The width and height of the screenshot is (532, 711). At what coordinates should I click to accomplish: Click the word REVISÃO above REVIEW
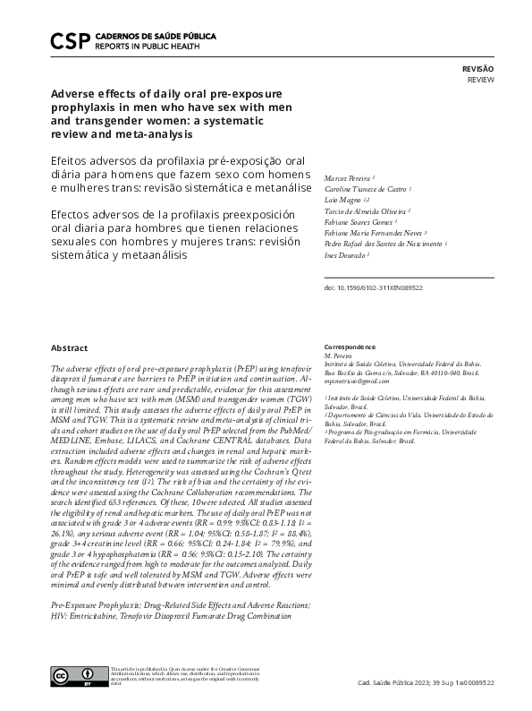point(477,69)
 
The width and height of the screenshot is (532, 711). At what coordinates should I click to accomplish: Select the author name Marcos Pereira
point(346,177)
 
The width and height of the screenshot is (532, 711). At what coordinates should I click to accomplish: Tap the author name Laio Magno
point(342,200)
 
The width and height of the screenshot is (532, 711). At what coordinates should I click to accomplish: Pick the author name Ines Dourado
point(344,254)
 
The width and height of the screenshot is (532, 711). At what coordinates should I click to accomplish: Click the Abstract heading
point(69,347)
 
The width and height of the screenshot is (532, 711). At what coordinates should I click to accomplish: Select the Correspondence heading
point(350,347)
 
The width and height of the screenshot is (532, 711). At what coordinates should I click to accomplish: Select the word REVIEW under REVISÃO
point(481,81)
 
